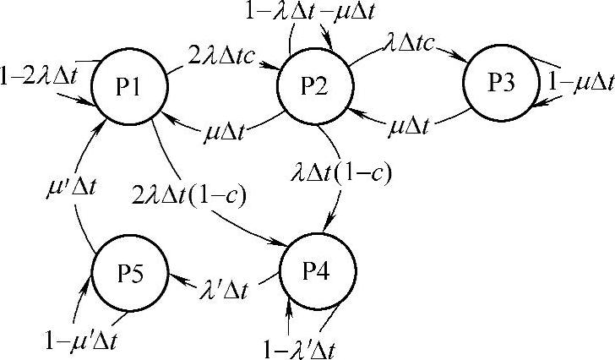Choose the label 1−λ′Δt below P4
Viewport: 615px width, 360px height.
[304, 345]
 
